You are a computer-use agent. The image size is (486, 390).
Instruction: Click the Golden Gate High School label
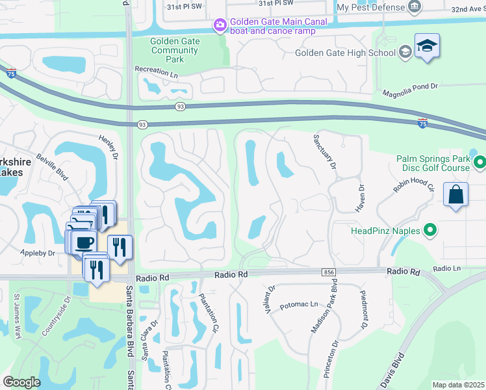pyautogui.click(x=345, y=53)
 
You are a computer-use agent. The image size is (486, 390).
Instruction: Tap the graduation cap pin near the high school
pyautogui.click(x=427, y=46)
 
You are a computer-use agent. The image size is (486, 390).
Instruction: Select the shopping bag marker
pyautogui.click(x=455, y=194)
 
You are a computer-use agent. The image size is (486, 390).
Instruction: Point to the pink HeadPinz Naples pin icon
pyautogui.click(x=429, y=230)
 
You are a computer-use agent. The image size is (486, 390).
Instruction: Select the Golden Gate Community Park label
pyautogui.click(x=175, y=50)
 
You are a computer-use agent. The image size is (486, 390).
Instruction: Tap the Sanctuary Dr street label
pyautogui.click(x=325, y=151)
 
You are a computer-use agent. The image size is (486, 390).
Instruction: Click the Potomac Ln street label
pyautogui.click(x=300, y=304)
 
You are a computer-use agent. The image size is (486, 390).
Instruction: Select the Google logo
pyautogui.click(x=21, y=382)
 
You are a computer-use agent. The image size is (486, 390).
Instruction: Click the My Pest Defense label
pyautogui.click(x=371, y=7)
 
